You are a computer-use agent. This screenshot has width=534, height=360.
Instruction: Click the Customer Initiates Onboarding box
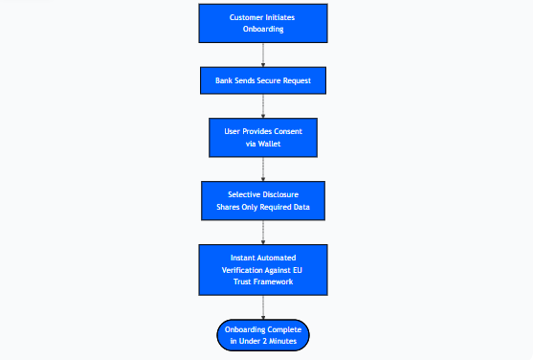point(263,23)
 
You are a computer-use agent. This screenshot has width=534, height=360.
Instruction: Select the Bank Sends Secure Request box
point(263,80)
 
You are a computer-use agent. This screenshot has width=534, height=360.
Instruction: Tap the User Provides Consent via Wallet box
point(263,137)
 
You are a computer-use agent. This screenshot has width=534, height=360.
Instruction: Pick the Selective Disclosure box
point(263,201)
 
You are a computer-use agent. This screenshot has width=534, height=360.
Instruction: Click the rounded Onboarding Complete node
point(263,334)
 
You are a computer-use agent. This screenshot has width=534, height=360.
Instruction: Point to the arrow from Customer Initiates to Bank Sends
point(263,55)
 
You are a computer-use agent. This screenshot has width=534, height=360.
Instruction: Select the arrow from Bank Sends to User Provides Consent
point(263,105)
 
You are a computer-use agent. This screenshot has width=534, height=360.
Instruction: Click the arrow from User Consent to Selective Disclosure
point(263,169)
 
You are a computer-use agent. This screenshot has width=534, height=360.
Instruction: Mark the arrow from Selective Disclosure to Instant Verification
point(263,233)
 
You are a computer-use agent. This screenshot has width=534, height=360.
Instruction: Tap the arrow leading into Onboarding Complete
point(263,306)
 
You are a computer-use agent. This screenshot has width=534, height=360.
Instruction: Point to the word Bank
point(225,80)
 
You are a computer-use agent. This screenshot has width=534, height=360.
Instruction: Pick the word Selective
point(234,194)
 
